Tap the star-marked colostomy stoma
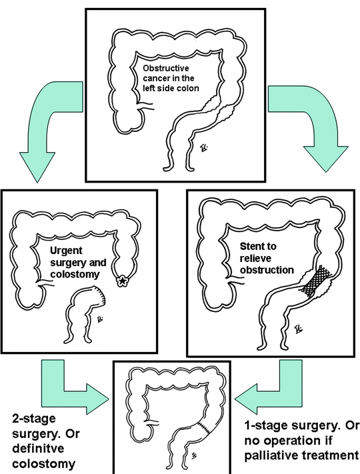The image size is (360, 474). tap(122, 281)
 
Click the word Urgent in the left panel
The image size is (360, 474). tap(66, 251)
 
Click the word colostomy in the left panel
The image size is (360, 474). tap(75, 274)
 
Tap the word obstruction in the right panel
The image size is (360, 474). tap(267, 269)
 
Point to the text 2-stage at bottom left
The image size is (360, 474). tap(34, 419)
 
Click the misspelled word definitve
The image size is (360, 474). tap(38, 448)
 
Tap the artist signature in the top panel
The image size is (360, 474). tap(205, 148)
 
